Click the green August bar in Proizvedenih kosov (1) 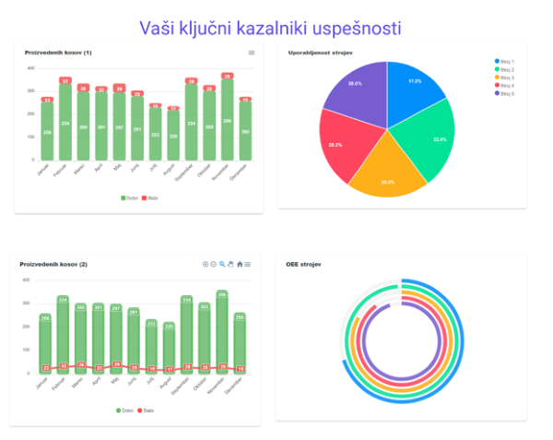coord(173,137)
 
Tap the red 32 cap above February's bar coord(65,81)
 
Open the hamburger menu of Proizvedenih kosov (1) coord(252,54)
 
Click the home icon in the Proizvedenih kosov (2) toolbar coord(240,265)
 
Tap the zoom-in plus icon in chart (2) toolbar coord(206,265)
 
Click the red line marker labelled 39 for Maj coord(116,365)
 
